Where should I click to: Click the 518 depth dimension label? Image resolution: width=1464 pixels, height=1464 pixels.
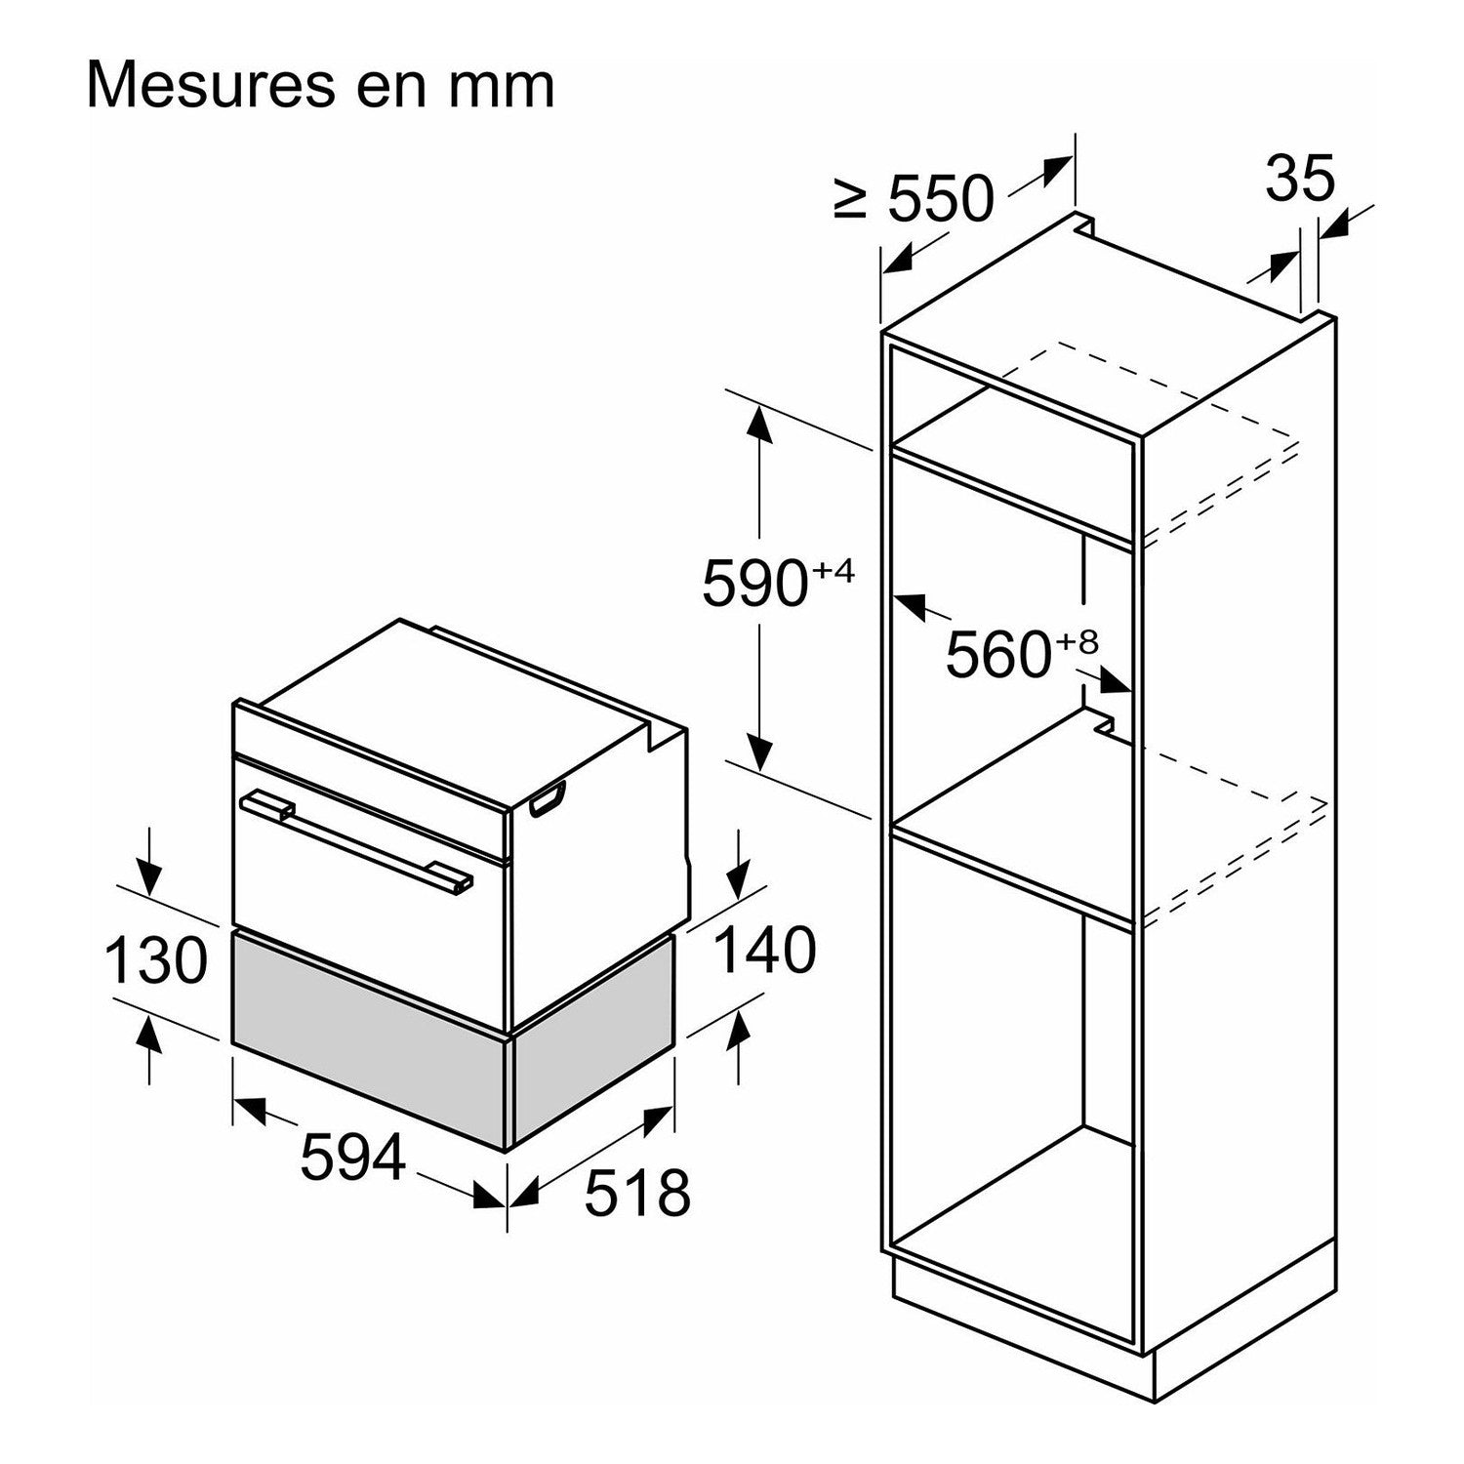coord(637,1193)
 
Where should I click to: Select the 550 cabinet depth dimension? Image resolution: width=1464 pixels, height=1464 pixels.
coord(941,199)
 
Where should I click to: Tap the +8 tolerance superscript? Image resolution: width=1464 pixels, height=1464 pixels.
coord(1077,641)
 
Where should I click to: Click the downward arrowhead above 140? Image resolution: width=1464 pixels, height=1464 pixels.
coord(739,874)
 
